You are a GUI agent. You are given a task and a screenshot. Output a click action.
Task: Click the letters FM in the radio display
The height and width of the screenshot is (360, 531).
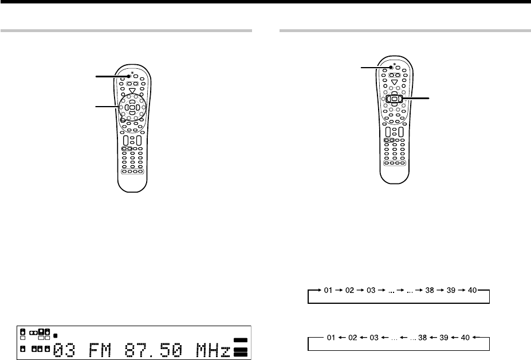click(x=100, y=350)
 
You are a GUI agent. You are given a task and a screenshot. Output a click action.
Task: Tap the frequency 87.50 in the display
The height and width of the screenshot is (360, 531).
click(x=153, y=350)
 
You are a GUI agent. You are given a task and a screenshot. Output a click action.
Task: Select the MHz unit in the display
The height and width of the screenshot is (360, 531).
click(x=213, y=350)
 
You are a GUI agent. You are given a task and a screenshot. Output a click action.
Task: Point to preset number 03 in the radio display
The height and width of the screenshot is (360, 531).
click(x=64, y=350)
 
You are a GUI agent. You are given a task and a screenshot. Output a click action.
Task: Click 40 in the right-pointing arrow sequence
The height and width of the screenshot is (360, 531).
click(x=472, y=290)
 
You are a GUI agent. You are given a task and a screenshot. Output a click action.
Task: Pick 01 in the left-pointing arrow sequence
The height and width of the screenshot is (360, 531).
click(x=331, y=338)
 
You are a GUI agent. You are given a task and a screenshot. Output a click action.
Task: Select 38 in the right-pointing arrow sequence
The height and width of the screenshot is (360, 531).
click(x=430, y=290)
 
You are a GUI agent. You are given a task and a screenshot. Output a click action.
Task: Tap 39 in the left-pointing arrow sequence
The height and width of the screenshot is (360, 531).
click(x=444, y=338)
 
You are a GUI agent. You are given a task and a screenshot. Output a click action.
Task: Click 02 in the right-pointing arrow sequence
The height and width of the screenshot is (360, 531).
click(x=349, y=290)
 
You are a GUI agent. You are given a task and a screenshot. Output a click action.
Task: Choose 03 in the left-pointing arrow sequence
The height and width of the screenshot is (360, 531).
click(x=374, y=338)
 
